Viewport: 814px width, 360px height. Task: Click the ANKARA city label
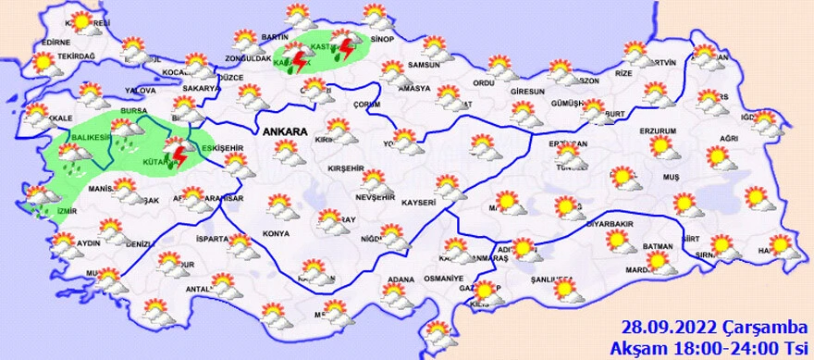pyautogui.click(x=285, y=133)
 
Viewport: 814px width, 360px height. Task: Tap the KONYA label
pyautogui.click(x=277, y=232)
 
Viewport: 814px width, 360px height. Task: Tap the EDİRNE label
pyautogui.click(x=55, y=43)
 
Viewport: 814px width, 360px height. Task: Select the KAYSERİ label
pyautogui.click(x=418, y=202)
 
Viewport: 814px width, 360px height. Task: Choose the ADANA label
pyautogui.click(x=401, y=279)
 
